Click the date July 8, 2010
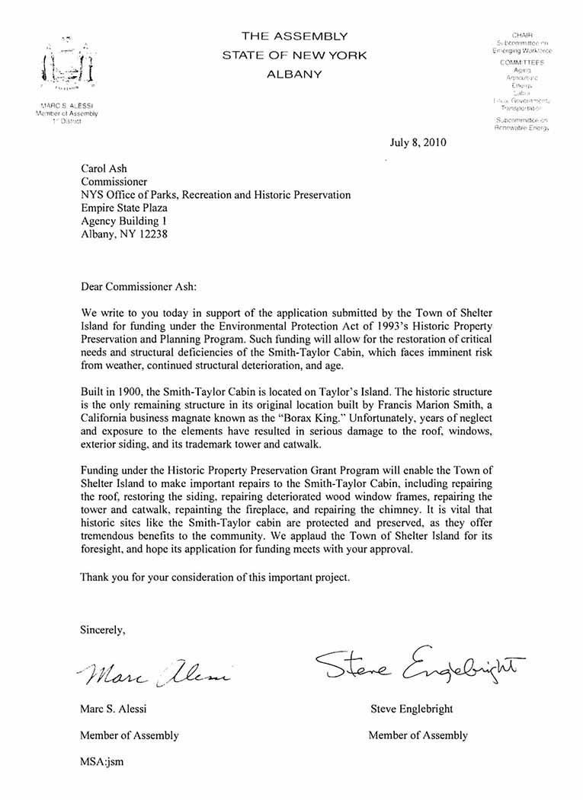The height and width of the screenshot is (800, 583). (x=418, y=142)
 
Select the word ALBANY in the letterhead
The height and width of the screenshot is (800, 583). (x=294, y=75)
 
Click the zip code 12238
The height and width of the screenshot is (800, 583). (x=151, y=234)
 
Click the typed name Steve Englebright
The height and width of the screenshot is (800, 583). (x=412, y=709)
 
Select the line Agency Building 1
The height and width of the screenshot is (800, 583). (x=123, y=222)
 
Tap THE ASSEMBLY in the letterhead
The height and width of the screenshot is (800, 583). (x=294, y=36)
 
